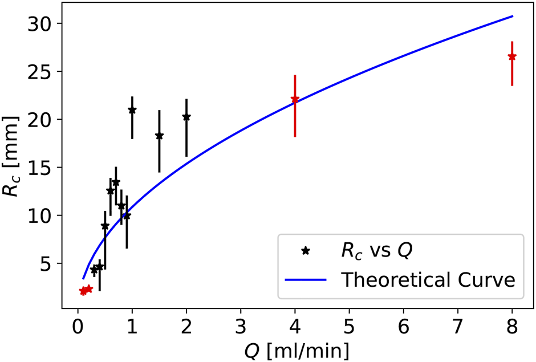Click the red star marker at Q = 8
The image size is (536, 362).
click(512, 56)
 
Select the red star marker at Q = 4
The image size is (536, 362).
click(295, 99)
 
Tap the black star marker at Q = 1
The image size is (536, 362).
click(132, 110)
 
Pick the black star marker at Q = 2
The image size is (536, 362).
click(186, 117)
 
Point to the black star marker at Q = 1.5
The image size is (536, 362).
click(159, 136)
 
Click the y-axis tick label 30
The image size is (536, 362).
click(40, 24)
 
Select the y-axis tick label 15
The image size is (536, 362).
click(40, 168)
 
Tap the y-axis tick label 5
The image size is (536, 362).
click(47, 263)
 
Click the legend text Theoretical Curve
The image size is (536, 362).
click(428, 279)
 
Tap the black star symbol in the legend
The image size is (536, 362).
click(306, 251)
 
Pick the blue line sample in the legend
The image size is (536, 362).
click(306, 280)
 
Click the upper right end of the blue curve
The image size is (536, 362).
click(513, 16)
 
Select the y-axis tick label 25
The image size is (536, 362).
click(40, 72)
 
